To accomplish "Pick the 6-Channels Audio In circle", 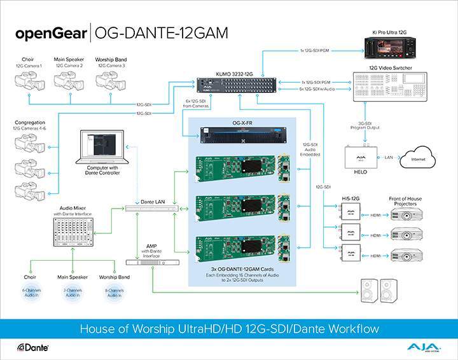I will (x=32, y=294).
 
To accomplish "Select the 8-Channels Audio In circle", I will (x=115, y=294).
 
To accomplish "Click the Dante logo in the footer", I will (x=34, y=348).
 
